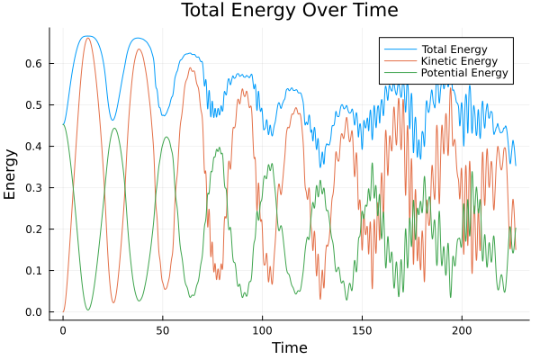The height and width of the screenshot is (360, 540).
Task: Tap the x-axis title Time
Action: pos(289,347)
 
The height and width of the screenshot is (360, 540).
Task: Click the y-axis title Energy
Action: pos(11,174)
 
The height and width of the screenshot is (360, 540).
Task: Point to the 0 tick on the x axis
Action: pos(63,330)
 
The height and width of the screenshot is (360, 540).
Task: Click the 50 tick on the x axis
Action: pos(163,330)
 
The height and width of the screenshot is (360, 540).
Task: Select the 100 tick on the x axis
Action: pos(263,330)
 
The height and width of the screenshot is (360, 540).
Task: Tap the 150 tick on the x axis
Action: pos(363,330)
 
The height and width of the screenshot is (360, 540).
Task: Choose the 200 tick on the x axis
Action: pos(463,330)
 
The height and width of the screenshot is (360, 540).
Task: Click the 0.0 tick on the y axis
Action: pos(32,312)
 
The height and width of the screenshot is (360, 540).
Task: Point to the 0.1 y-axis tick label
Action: pos(32,271)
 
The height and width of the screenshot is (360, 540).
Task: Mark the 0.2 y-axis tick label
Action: pos(32,229)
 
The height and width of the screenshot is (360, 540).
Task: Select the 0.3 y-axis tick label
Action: pos(32,188)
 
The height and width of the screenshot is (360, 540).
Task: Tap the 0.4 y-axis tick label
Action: pos(32,147)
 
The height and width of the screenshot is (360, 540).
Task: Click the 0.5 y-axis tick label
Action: pos(32,105)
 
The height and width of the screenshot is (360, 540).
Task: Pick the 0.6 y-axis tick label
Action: pos(32,64)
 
